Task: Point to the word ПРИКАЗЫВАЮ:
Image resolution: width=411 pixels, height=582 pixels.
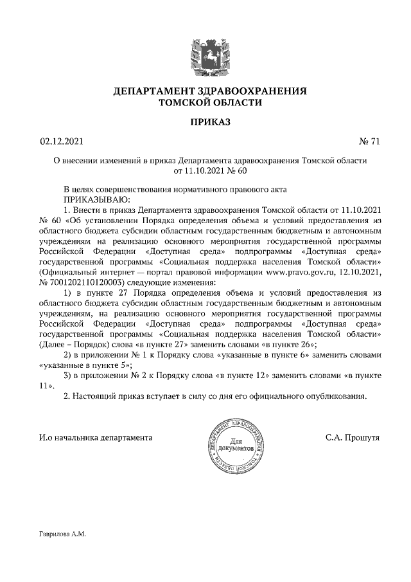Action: tap(94, 199)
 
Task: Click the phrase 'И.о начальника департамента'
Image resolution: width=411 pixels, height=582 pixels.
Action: tap(96, 437)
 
